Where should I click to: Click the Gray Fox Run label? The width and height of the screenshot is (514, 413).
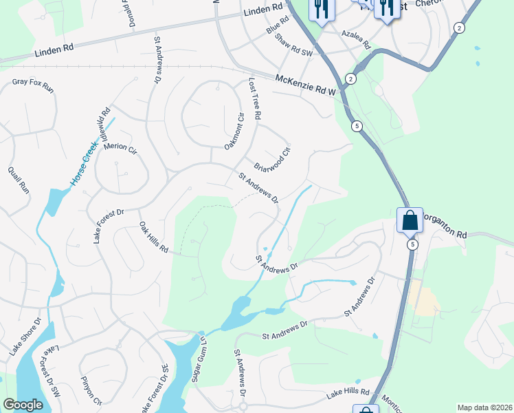[x=33, y=86]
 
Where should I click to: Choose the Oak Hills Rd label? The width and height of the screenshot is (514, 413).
[x=154, y=237]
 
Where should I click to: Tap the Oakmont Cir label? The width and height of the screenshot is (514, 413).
[x=234, y=131]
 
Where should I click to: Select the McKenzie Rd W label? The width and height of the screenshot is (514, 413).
[x=305, y=85]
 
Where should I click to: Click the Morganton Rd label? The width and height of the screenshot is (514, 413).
[x=443, y=224]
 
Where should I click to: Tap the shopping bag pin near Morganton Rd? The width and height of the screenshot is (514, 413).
[x=410, y=221]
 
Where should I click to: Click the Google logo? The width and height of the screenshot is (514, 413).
[x=23, y=404]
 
